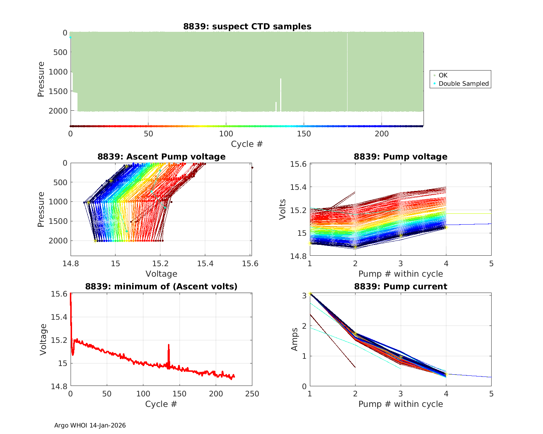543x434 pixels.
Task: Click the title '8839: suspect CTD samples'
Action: pyautogui.click(x=247, y=26)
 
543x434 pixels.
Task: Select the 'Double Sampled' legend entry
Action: pyautogui.click(x=463, y=84)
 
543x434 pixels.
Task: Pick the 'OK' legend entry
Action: pyautogui.click(x=443, y=75)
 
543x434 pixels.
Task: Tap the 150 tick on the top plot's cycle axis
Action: pyautogui.click(x=304, y=134)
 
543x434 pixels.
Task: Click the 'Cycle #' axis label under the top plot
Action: pyautogui.click(x=247, y=144)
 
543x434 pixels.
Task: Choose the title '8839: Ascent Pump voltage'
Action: pyautogui.click(x=161, y=157)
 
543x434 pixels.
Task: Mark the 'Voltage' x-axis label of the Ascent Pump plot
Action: pyautogui.click(x=161, y=274)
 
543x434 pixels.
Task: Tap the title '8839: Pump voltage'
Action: pyautogui.click(x=400, y=157)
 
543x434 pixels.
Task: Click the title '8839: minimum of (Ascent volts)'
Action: pyautogui.click(x=161, y=287)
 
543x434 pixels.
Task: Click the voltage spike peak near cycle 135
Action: pyautogui.click(x=169, y=345)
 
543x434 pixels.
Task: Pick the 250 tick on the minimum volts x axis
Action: pyautogui.click(x=252, y=393)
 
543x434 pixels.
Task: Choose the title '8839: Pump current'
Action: pyautogui.click(x=400, y=287)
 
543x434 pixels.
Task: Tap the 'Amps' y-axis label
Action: pyautogui.click(x=295, y=339)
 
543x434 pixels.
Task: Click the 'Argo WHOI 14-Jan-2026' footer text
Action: pyautogui.click(x=90, y=425)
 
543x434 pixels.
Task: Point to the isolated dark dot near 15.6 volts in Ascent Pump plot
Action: pyautogui.click(x=252, y=167)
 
